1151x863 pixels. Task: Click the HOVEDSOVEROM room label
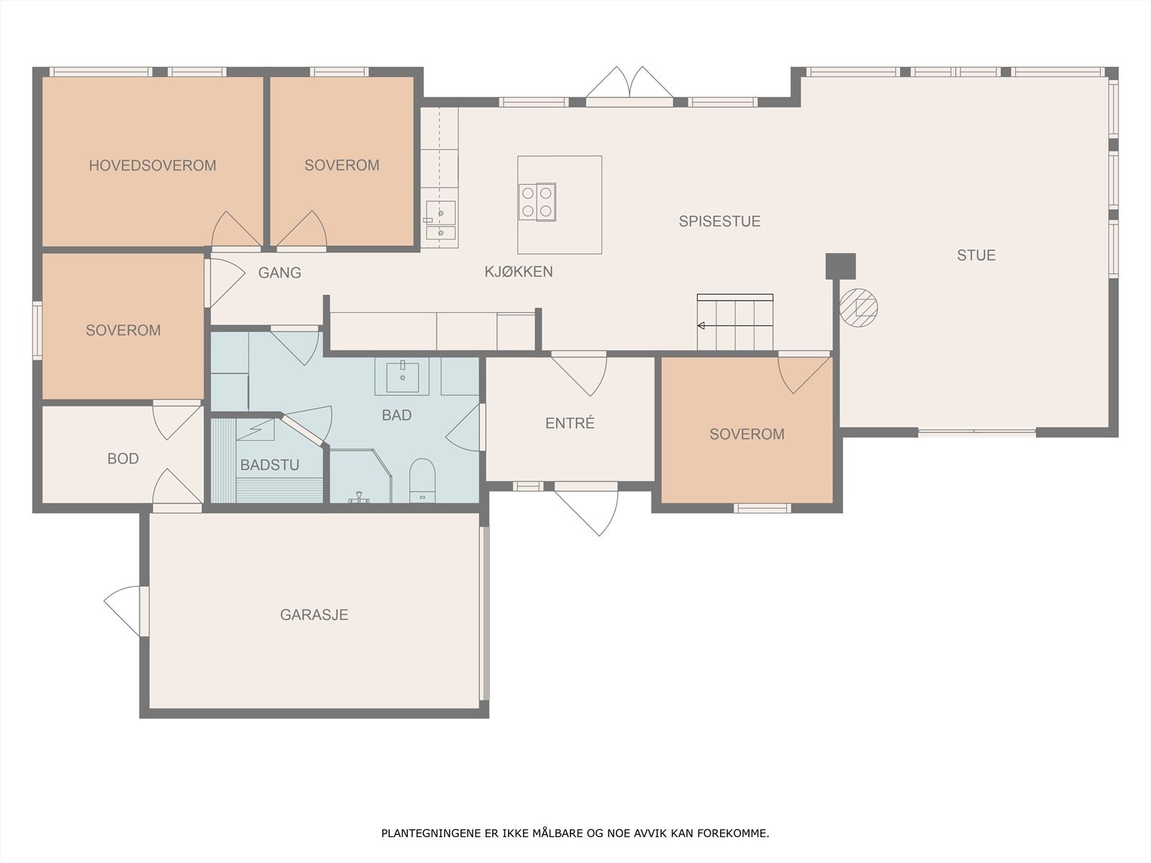pos(153,165)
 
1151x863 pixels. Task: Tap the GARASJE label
pos(314,615)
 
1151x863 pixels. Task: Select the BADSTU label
pos(270,465)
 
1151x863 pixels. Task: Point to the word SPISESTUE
pos(719,221)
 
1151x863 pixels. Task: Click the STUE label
pos(976,255)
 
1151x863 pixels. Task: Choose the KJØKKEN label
pos(519,271)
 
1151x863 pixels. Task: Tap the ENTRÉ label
pos(570,423)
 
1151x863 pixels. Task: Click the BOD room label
pos(123,459)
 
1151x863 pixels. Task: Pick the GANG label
pos(280,273)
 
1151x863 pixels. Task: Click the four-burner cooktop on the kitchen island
pos(537,202)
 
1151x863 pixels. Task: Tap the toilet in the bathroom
pos(423,480)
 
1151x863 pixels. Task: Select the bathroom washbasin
pos(402,377)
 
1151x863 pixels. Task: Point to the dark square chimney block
pos(840,266)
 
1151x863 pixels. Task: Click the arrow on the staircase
pos(734,326)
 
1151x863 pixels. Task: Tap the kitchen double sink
pos(440,221)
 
